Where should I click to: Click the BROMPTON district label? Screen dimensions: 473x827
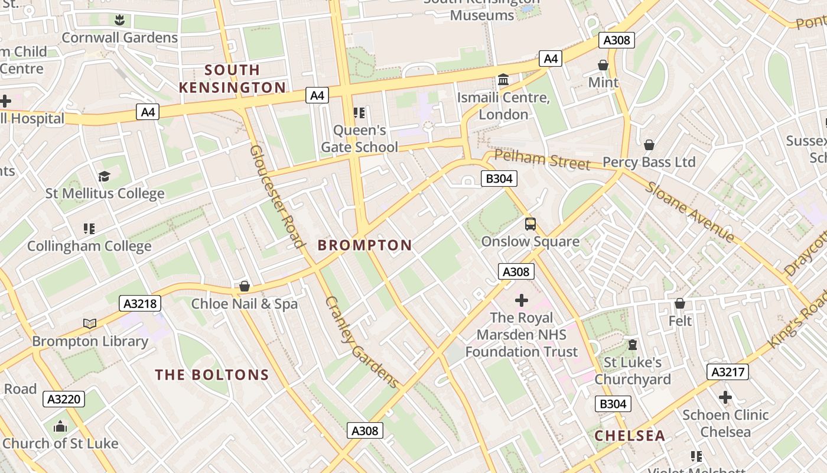(x=365, y=245)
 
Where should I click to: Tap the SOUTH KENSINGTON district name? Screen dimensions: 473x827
(x=232, y=79)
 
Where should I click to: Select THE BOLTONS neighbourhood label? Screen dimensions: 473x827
(x=212, y=375)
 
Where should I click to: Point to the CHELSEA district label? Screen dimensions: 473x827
(x=630, y=436)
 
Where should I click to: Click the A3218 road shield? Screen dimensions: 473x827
(x=140, y=304)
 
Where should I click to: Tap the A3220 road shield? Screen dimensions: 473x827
(x=64, y=399)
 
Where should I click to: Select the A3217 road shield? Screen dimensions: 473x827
(x=728, y=372)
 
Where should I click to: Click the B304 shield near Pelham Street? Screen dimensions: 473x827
(x=499, y=179)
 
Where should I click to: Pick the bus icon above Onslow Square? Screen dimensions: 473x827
(x=530, y=224)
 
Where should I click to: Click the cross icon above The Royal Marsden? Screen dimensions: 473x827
(x=522, y=300)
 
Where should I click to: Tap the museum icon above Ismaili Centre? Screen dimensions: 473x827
(x=503, y=79)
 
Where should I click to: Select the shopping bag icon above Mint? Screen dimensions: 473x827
(x=603, y=64)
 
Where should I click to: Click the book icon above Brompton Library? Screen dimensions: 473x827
(x=90, y=323)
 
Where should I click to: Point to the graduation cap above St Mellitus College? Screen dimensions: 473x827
(x=105, y=176)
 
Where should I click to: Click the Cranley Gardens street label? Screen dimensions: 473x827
(x=362, y=342)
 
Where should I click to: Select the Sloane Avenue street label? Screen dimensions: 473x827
(x=689, y=212)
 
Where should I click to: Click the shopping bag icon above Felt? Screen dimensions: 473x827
(x=680, y=303)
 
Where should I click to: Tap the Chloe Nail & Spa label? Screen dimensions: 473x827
(x=245, y=304)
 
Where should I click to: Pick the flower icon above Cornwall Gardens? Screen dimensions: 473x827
(x=120, y=20)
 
